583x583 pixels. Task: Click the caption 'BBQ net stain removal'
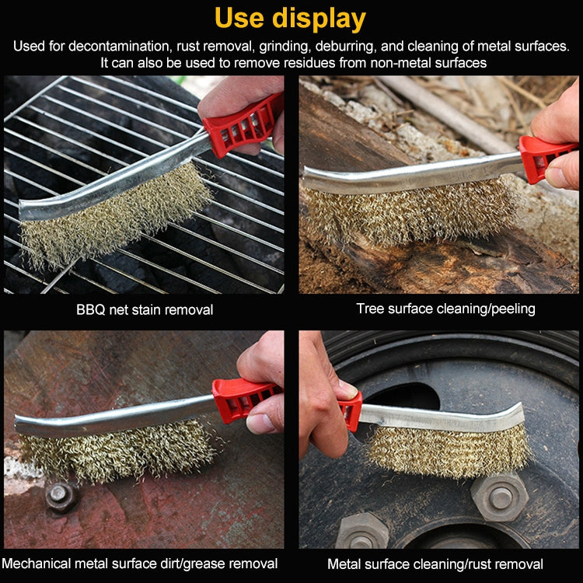coord(145,309)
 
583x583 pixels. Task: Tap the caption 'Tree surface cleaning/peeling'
coord(445,309)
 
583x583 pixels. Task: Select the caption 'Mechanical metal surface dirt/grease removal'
coord(140,563)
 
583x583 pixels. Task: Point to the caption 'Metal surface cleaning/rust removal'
coord(435,564)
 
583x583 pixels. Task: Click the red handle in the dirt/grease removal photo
coord(240,398)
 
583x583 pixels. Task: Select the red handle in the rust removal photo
coord(351,410)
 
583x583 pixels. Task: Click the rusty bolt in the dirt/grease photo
coord(61,495)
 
